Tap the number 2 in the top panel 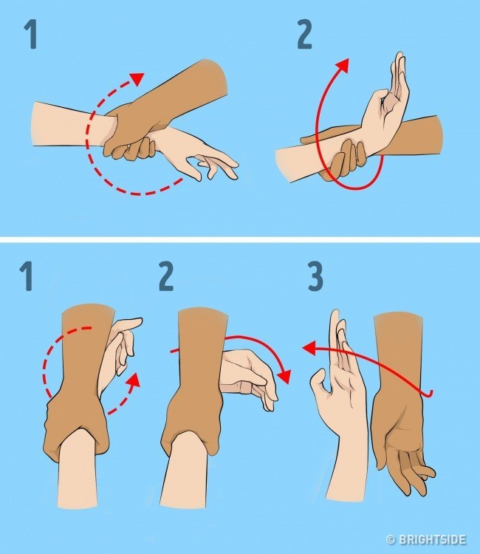coord(304,35)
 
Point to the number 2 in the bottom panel coord(166,278)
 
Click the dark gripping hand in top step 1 coord(128,137)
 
